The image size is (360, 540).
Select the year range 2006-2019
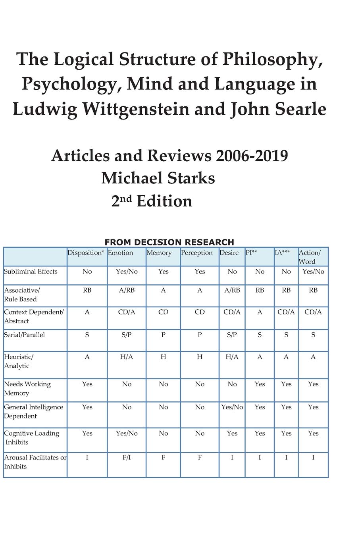tap(252, 155)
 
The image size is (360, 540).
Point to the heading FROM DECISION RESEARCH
tap(169, 242)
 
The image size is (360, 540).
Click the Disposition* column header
tap(86, 253)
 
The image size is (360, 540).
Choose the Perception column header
tap(197, 253)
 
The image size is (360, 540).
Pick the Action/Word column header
tap(310, 257)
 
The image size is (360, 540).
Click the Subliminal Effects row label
tap(31, 272)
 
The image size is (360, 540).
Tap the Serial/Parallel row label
tap(24, 335)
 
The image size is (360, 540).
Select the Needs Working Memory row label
tap(27, 388)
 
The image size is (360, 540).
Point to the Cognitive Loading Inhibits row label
tap(31, 438)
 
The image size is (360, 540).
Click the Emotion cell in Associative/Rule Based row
tap(127, 290)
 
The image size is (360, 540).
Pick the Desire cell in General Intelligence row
tap(232, 407)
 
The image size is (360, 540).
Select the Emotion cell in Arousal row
tap(127, 457)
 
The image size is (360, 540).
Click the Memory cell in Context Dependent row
tap(163, 312)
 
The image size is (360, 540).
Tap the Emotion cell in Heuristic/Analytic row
tap(127, 357)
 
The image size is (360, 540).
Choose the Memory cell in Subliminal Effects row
tap(163, 272)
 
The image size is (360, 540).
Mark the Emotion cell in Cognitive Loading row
tap(127, 433)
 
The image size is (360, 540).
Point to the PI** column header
tap(251, 253)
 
